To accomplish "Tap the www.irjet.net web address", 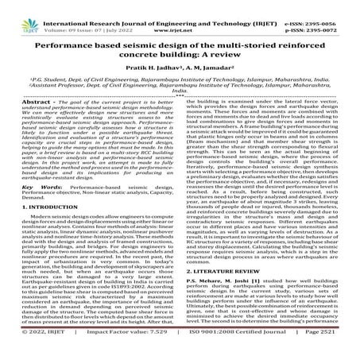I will pyautogui.click(x=180, y=14).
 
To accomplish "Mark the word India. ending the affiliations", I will pyautogui.click(x=180, y=113).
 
